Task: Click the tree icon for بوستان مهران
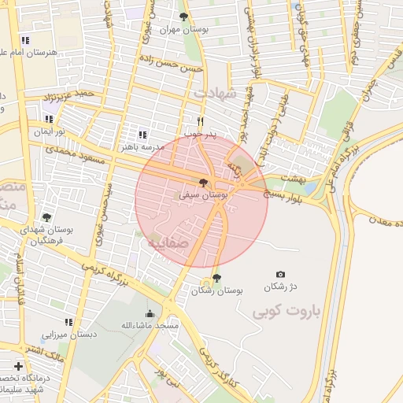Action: tap(183, 17)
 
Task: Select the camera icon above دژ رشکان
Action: tap(281, 274)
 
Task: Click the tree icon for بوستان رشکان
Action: tap(216, 278)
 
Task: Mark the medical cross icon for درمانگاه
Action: tap(19, 366)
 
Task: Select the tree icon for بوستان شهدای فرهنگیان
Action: tap(46, 218)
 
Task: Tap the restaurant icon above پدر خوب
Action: tap(200, 121)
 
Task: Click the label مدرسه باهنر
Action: tap(142, 146)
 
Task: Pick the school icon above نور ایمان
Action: tap(50, 119)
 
